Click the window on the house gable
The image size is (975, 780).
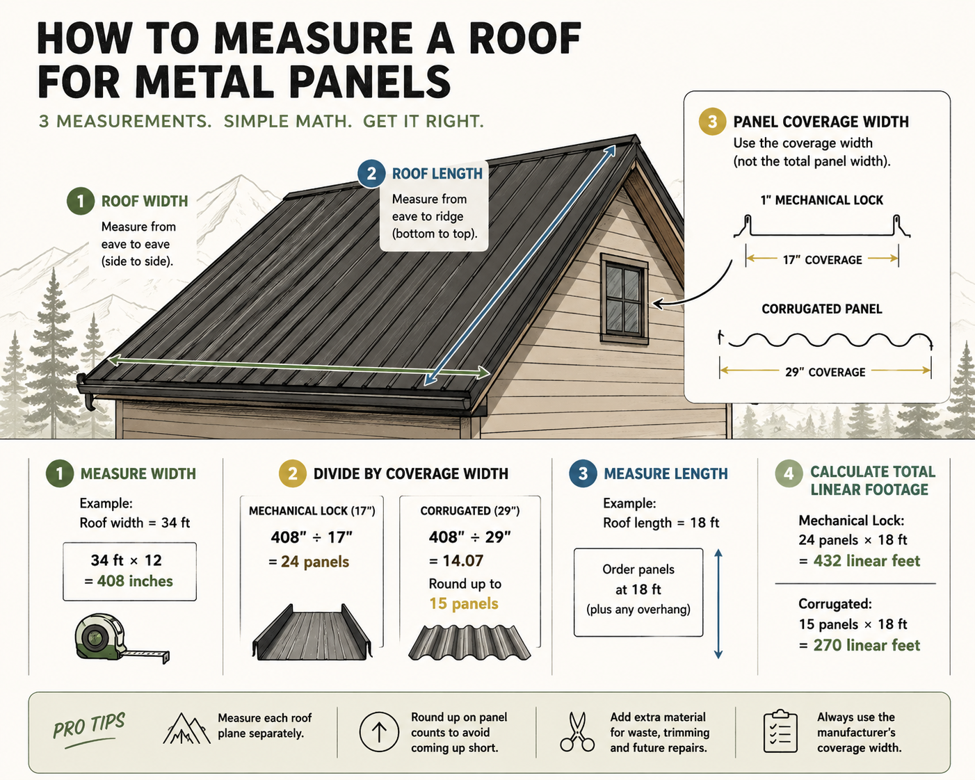(x=624, y=299)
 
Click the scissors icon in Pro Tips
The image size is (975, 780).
(x=577, y=732)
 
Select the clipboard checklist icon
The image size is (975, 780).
(x=780, y=731)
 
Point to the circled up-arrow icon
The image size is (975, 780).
(x=379, y=731)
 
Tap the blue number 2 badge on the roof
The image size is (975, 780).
(x=371, y=174)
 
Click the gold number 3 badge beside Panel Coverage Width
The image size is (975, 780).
(x=712, y=122)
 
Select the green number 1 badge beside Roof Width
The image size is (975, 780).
(x=80, y=201)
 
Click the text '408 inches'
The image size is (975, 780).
(x=135, y=581)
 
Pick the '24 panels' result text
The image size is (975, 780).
(x=315, y=562)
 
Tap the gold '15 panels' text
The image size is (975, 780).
(x=463, y=603)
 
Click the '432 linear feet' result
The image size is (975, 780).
(x=867, y=561)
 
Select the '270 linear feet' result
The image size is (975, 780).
(x=867, y=645)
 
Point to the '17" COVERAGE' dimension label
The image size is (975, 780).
(x=822, y=260)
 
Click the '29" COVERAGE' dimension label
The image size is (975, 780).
(x=825, y=373)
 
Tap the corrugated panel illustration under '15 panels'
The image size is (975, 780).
(x=469, y=642)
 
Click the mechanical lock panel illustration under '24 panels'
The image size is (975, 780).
(x=312, y=632)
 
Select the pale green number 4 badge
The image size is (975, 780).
(x=789, y=473)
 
